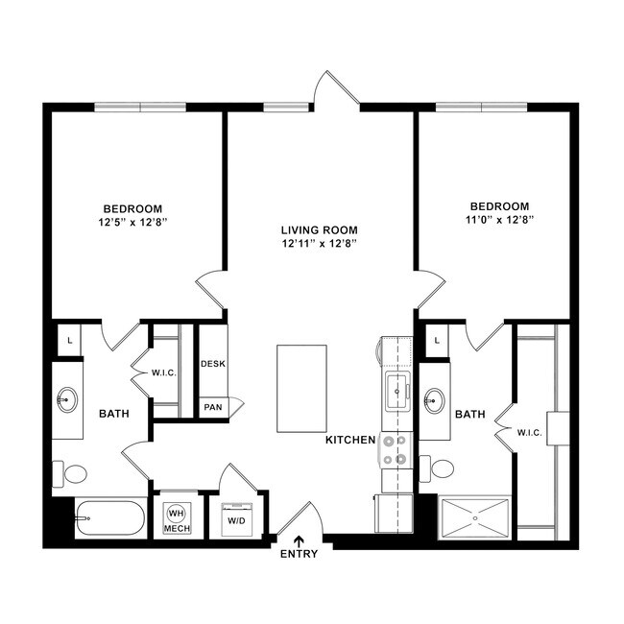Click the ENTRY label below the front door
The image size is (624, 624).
300,555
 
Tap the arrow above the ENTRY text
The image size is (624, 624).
300,540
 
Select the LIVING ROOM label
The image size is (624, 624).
319,230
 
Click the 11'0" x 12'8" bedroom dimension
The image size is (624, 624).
499,220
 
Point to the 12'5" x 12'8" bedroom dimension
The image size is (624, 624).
132,222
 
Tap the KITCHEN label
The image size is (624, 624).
349,439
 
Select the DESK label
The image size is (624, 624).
212,364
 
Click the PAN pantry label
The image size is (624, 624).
212,407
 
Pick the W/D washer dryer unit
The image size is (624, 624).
234,516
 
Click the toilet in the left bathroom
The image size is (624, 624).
72,472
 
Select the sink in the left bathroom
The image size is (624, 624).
68,398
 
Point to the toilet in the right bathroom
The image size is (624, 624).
441,468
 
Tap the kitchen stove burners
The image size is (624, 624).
395,450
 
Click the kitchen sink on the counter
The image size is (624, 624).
396,389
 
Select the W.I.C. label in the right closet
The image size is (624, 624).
529,433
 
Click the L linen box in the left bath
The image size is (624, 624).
68,339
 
